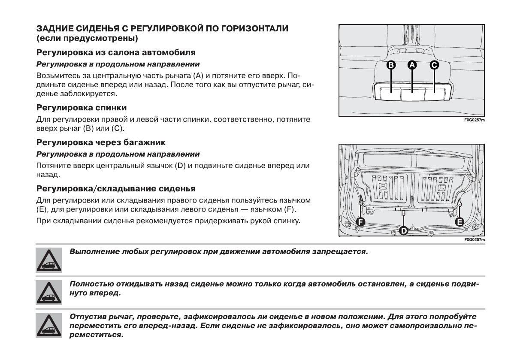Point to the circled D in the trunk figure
[403, 231]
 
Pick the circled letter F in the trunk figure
[360, 221]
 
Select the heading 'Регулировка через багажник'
[101, 142]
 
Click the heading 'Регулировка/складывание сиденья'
[116, 188]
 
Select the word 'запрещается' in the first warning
[342, 251]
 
